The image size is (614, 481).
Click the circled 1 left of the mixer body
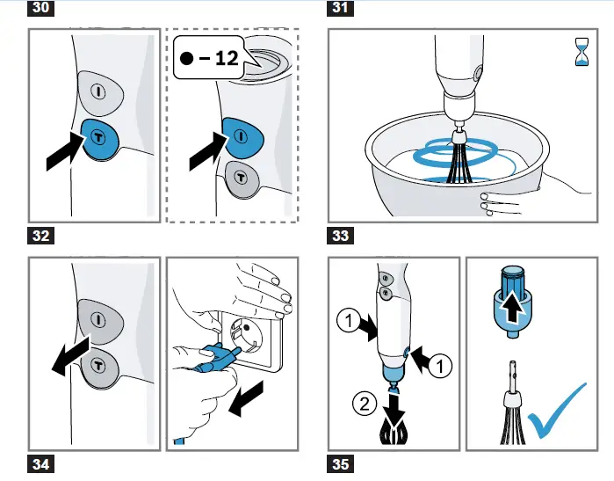point(348,321)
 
